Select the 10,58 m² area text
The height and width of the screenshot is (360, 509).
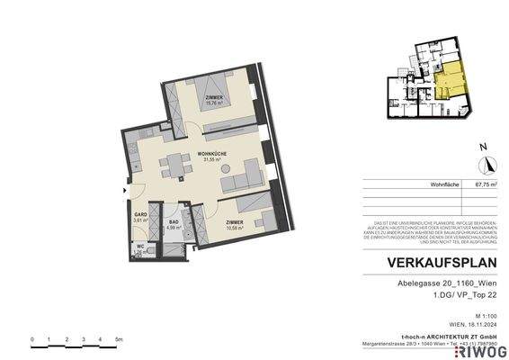click(x=215, y=228)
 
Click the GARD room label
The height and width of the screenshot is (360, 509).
click(x=140, y=214)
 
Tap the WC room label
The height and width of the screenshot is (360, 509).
click(x=139, y=247)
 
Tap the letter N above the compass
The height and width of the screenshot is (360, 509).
click(x=483, y=146)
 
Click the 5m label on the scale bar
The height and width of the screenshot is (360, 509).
click(x=119, y=339)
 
